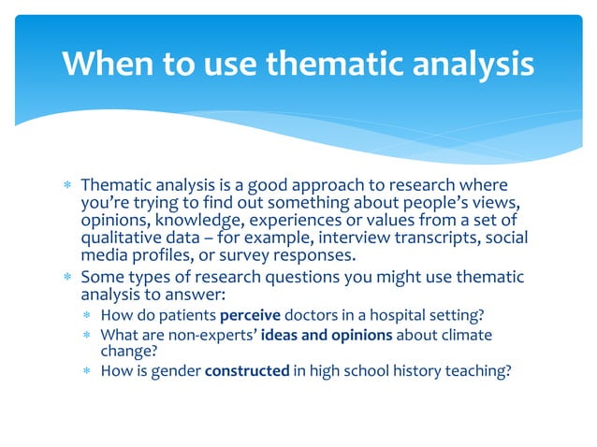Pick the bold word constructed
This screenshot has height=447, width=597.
pos(247,370)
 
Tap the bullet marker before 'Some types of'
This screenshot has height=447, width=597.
pos(67,278)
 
